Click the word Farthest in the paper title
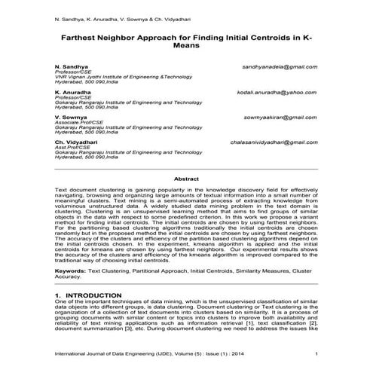pos(81,35)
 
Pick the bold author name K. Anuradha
pos(74,92)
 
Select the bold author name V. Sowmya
pos(71,118)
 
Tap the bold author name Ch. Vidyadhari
pos(77,142)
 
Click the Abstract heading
pos(186,179)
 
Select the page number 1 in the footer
pos(316,353)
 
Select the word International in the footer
pos(72,353)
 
